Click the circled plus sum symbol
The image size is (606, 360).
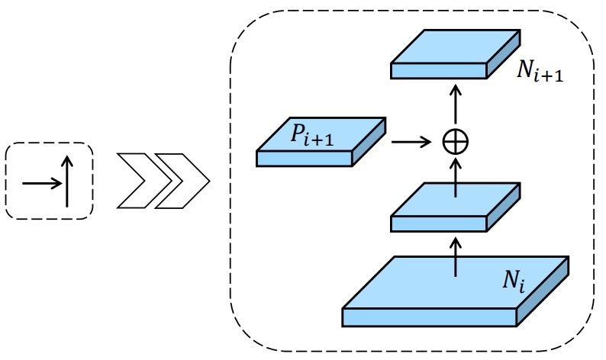(x=456, y=142)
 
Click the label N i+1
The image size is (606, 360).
(x=540, y=72)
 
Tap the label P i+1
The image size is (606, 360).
(x=312, y=135)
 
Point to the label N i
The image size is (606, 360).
(x=514, y=281)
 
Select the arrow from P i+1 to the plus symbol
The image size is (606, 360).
(x=411, y=142)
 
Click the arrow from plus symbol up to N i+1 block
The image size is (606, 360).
(x=456, y=104)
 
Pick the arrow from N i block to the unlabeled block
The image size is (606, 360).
(x=456, y=257)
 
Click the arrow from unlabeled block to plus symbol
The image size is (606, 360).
(x=456, y=178)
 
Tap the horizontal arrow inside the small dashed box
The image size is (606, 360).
(x=42, y=183)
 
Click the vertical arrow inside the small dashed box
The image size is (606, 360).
(x=67, y=182)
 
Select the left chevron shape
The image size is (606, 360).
(x=144, y=181)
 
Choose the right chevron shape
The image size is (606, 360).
(x=182, y=181)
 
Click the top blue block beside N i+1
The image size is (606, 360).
(x=456, y=54)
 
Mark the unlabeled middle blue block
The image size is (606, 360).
(x=456, y=207)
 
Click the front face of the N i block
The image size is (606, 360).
(x=430, y=317)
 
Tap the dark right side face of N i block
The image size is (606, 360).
(x=543, y=291)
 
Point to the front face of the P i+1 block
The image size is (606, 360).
(x=305, y=159)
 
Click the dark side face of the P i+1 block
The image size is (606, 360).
(x=369, y=142)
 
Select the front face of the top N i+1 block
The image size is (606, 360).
(x=438, y=71)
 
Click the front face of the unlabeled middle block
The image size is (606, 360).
(x=438, y=224)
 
